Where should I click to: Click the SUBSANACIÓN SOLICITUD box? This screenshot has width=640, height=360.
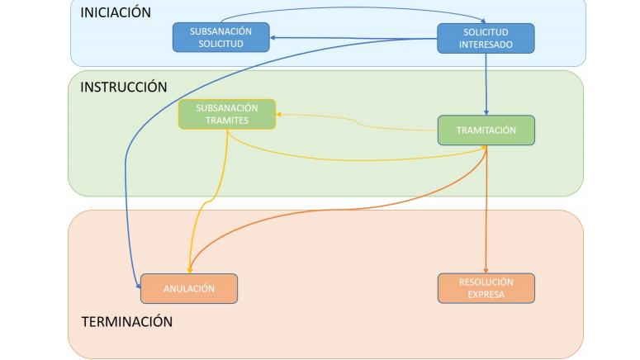click(221, 37)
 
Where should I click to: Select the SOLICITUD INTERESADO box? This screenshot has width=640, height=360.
click(486, 38)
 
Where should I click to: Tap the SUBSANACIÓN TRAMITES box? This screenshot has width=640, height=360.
click(226, 114)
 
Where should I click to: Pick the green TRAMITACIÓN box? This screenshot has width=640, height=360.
click(486, 130)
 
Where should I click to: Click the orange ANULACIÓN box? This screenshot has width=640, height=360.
click(189, 288)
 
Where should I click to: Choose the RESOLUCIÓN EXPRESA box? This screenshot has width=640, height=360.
click(486, 287)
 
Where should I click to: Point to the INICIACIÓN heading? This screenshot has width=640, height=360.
click(116, 12)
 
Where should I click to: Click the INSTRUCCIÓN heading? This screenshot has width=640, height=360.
click(123, 87)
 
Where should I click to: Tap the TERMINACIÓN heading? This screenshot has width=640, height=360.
click(126, 322)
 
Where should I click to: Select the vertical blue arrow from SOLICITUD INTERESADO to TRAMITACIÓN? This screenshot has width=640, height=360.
click(486, 83)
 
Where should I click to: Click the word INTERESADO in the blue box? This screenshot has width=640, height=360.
click(486, 45)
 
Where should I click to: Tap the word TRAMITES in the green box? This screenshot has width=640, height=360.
click(226, 121)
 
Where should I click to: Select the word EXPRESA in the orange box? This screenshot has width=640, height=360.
click(486, 294)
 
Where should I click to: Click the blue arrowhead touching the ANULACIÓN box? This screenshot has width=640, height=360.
click(137, 284)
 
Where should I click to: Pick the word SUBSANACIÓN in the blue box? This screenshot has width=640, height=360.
click(220, 31)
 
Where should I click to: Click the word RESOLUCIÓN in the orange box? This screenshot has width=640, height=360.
click(486, 282)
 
